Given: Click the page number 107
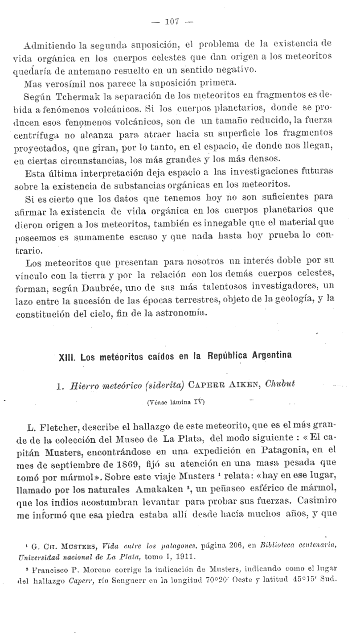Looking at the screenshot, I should click(172, 21).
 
